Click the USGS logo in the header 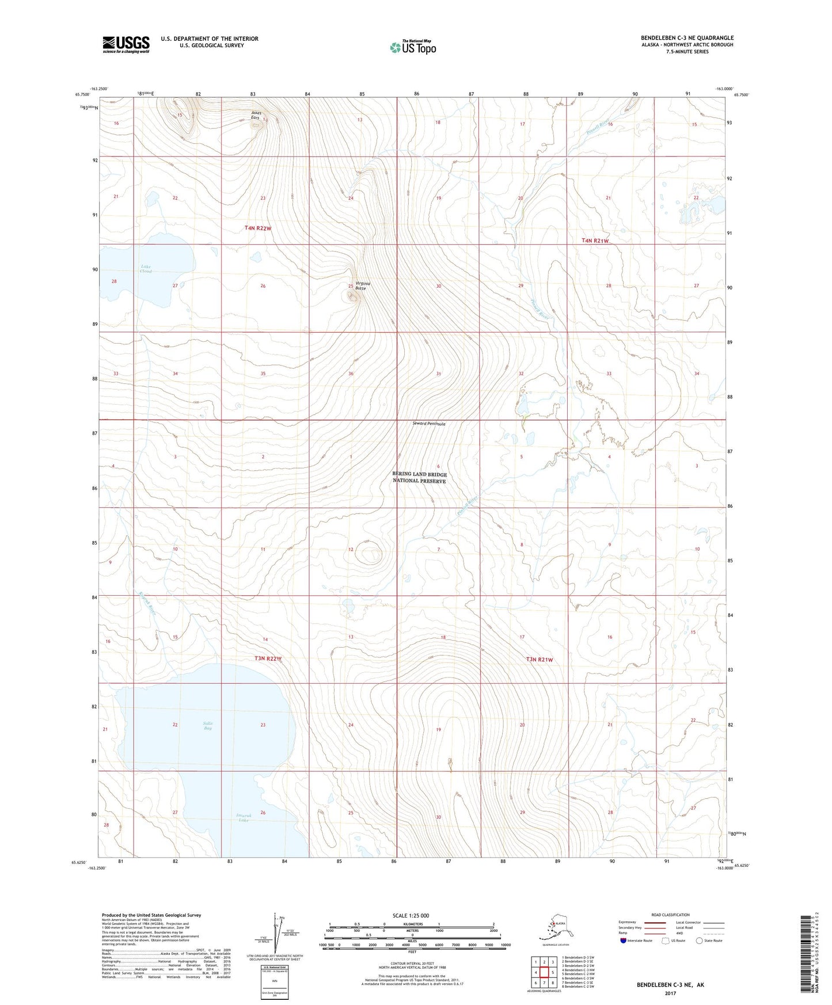click(126, 44)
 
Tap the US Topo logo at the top click(412, 47)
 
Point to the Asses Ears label click(256, 115)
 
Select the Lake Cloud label click(146, 268)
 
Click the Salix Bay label click(208, 726)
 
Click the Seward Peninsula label click(429, 424)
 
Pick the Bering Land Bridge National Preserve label click(419, 478)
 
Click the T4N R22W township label click(257, 228)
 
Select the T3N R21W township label click(539, 660)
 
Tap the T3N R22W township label click(268, 658)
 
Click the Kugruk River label click(149, 605)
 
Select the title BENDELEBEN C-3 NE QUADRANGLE click(687, 38)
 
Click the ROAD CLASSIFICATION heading click(670, 915)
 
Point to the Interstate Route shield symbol click(624, 941)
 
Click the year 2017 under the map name click(670, 993)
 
